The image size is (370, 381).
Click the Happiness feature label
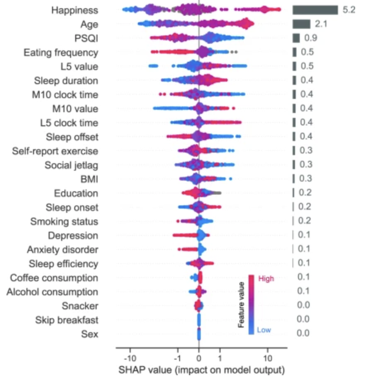(74, 10)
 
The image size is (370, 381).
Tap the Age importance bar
(301, 24)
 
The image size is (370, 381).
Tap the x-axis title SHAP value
(202, 368)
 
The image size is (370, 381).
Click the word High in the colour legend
(266, 279)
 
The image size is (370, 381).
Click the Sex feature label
(90, 334)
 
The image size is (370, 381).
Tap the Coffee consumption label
(54, 278)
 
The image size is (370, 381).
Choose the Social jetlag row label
(71, 165)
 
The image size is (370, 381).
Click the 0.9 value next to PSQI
(309, 38)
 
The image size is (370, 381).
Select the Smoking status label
(64, 221)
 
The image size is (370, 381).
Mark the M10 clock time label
(65, 95)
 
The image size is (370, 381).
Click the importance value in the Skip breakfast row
(303, 320)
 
